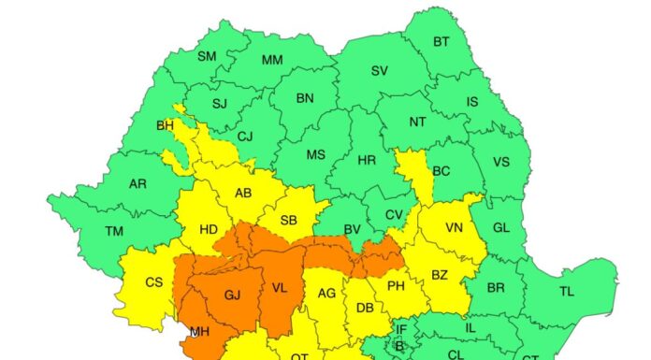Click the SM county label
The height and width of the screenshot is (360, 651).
(x=207, y=56)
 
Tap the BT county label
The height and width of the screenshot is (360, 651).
(x=441, y=42)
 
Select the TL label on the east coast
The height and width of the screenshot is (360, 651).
(x=567, y=291)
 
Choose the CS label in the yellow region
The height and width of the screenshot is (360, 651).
(x=154, y=281)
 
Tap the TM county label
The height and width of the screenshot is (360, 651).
(x=114, y=231)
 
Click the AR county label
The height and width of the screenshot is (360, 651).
(x=137, y=183)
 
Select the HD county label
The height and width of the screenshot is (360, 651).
(x=209, y=226)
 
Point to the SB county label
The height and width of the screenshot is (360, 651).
(x=291, y=221)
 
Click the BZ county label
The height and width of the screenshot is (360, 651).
(x=441, y=274)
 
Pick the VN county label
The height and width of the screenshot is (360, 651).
(x=455, y=227)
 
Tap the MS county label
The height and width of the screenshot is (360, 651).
(x=316, y=155)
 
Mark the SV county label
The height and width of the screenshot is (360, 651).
(x=380, y=71)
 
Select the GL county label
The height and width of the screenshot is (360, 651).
(x=501, y=227)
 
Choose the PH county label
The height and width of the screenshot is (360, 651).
(x=396, y=285)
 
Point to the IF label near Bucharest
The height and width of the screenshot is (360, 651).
(x=401, y=328)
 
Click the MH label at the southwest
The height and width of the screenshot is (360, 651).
(x=199, y=330)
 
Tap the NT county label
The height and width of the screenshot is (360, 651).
(x=418, y=122)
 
